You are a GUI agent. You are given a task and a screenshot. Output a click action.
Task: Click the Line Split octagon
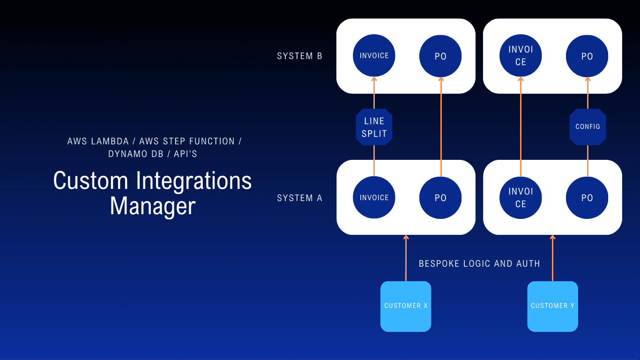point(374,127)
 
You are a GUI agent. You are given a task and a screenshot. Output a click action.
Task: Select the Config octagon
point(588,127)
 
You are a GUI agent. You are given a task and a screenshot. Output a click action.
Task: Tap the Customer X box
point(406,306)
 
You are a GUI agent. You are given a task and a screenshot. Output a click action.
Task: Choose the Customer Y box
point(552,306)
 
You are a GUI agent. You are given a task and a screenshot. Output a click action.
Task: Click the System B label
point(299,56)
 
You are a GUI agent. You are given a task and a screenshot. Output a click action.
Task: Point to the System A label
point(299,198)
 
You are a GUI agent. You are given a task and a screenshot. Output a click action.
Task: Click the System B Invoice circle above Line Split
point(374,56)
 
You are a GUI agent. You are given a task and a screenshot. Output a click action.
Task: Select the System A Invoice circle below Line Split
point(374,198)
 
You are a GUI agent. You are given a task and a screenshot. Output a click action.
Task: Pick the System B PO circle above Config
point(587,56)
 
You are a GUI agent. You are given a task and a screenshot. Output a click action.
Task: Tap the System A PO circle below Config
point(587,198)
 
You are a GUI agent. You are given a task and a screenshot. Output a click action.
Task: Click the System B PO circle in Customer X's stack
point(440,56)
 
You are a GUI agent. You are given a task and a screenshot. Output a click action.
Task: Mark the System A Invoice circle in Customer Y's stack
point(521,198)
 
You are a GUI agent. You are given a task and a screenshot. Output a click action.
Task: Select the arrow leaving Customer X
point(406,258)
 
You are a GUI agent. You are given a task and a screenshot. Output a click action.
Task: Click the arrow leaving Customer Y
point(552,258)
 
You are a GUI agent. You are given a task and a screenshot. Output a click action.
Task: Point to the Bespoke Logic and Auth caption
point(479,264)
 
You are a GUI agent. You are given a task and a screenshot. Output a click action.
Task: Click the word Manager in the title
point(152,206)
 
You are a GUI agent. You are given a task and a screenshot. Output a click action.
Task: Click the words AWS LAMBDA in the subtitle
point(98,141)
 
